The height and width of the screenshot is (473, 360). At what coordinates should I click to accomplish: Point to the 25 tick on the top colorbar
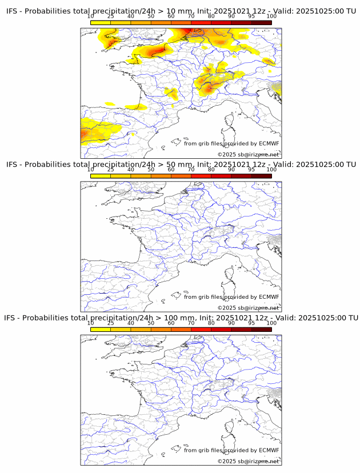111,17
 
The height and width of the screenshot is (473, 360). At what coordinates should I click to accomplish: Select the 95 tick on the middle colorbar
251,170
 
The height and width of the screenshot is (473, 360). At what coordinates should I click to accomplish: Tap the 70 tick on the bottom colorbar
191,323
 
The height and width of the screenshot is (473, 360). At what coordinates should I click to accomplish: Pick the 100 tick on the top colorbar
271,17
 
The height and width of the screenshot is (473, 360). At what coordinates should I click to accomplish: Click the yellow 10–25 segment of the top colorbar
101,22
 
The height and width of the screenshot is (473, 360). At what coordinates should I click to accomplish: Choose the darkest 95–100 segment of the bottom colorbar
261,329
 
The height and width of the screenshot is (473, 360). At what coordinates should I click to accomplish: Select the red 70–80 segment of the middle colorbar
201,176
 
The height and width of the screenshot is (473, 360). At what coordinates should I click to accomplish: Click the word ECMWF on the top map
269,144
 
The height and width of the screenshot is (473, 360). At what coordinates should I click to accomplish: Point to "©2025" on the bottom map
226,461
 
